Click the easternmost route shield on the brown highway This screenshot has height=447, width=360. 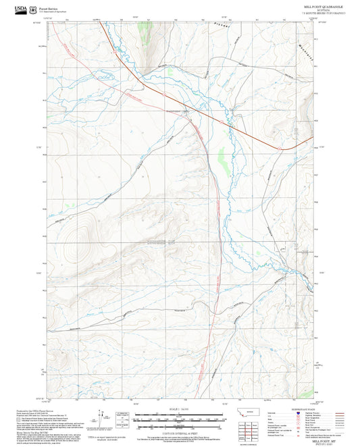point(278,146)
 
